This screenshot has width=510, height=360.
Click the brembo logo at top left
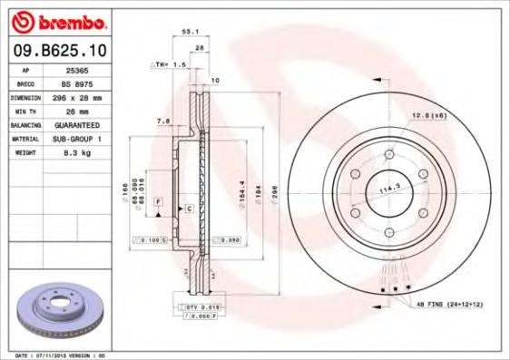tap(57, 21)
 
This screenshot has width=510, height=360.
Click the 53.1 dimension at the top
tap(191, 31)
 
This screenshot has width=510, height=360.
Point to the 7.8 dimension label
tap(163, 120)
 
